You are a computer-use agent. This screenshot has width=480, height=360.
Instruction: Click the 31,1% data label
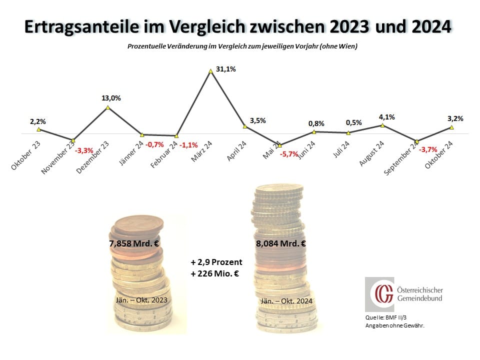click(x=226, y=69)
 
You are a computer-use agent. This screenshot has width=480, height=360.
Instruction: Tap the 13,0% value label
click(x=111, y=98)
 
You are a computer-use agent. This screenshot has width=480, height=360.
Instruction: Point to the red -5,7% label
click(x=289, y=153)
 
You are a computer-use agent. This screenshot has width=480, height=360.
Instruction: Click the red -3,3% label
click(x=84, y=149)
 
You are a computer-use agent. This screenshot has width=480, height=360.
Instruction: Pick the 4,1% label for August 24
click(x=386, y=117)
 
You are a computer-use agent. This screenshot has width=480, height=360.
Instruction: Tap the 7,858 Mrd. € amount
click(x=134, y=244)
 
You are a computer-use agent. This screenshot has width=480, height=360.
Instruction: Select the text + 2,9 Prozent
click(x=216, y=262)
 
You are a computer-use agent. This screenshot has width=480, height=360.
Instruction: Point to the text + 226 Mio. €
click(x=216, y=274)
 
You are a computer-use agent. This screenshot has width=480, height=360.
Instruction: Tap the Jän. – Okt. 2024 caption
click(x=286, y=301)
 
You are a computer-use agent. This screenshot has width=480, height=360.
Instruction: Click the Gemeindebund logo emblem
click(x=378, y=294)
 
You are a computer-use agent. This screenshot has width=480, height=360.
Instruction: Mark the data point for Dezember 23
click(x=107, y=107)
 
